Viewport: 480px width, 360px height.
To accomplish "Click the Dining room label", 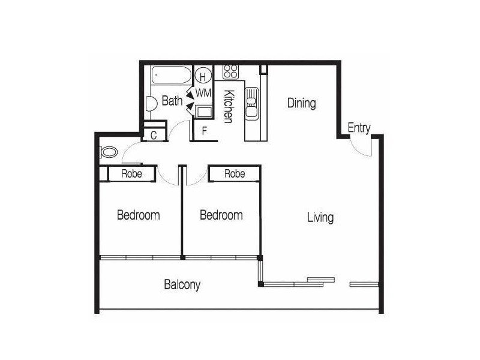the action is pyautogui.click(x=302, y=103).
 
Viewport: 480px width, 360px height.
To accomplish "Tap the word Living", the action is pyautogui.click(x=320, y=218).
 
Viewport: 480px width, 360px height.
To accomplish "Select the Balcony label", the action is pyautogui.click(x=182, y=284).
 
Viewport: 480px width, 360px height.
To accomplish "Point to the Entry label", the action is pyautogui.click(x=359, y=128).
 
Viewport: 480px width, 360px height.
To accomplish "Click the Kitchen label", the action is pyautogui.click(x=229, y=106).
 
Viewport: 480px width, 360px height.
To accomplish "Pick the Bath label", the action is pyautogui.click(x=172, y=101).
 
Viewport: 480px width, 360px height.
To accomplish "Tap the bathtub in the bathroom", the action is pyautogui.click(x=172, y=74).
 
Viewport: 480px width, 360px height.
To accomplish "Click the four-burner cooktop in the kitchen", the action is pyautogui.click(x=230, y=71).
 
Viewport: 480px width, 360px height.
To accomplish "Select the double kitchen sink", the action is pyautogui.click(x=251, y=103).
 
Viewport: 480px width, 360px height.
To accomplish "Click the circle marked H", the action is pyautogui.click(x=203, y=76).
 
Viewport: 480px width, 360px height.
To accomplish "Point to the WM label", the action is pyautogui.click(x=203, y=93).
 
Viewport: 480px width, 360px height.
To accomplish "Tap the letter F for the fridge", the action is pyautogui.click(x=205, y=131).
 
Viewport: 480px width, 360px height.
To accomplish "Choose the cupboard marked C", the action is pyautogui.click(x=154, y=134).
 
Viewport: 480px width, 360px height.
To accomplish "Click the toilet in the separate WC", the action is pyautogui.click(x=109, y=152).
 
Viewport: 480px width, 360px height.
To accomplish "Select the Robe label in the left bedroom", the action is pyautogui.click(x=131, y=174).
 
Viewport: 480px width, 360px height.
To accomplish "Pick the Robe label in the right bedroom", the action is pyautogui.click(x=235, y=174).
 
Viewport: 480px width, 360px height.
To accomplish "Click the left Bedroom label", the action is pyautogui.click(x=139, y=215).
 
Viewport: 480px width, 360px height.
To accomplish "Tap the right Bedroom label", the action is pyautogui.click(x=221, y=215).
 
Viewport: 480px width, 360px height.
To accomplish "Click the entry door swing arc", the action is pyautogui.click(x=356, y=151).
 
